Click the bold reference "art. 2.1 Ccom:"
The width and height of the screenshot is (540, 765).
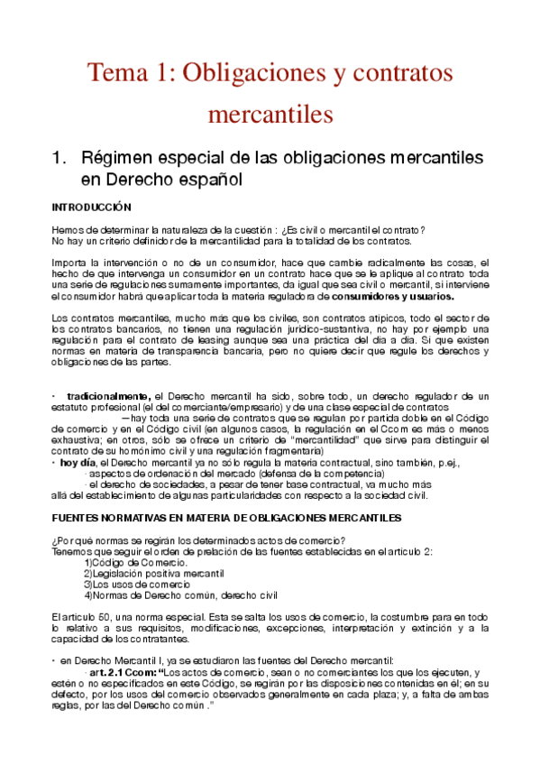click(121, 671)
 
